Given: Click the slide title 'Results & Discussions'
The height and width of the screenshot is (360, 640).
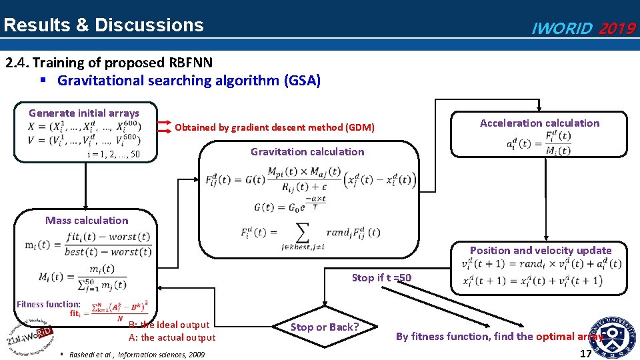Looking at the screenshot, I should point(103,25).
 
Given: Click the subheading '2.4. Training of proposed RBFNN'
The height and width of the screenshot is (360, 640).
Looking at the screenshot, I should point(109,63).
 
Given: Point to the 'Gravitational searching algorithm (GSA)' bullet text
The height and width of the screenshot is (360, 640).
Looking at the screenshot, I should point(189,81).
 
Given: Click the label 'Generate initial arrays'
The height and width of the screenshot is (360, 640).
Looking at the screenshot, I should point(84,113).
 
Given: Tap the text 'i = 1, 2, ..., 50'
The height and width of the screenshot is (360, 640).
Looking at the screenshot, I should point(113,155).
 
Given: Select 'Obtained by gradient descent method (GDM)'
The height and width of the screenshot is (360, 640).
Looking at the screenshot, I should point(275,127).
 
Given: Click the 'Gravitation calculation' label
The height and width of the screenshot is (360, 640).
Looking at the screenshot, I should point(307,151).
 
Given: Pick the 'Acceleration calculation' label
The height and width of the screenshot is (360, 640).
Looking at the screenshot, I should point(539,123).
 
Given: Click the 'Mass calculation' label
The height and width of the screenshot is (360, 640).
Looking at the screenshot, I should point(87,220).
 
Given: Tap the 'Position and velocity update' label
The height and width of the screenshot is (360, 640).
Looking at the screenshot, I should point(541,251).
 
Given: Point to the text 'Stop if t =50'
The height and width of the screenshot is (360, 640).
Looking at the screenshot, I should point(381,277).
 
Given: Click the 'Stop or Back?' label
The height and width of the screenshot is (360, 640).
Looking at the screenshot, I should point(325,327).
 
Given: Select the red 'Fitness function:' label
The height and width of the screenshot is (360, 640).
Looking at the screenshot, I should point(49,304).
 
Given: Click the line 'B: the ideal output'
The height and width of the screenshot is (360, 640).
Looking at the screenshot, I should point(169,325).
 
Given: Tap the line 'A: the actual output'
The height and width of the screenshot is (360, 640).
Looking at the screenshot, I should point(172,337).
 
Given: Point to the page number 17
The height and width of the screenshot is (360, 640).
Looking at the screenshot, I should point(585,353).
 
